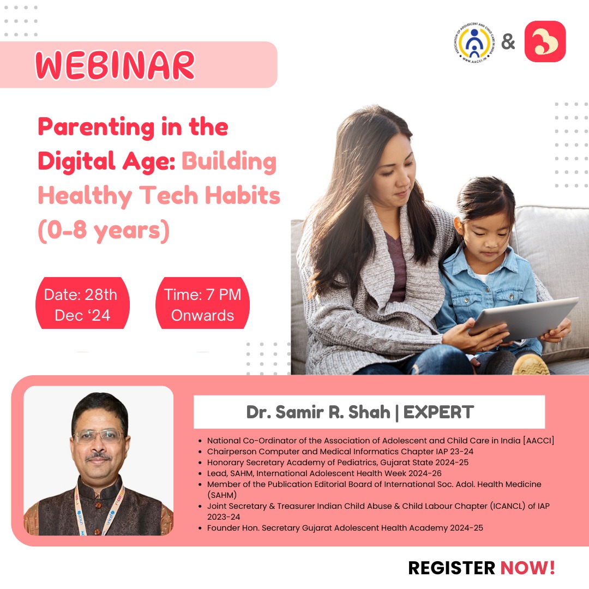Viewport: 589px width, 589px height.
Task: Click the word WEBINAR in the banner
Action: coord(115,66)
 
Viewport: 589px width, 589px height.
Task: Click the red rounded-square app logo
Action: coord(545,41)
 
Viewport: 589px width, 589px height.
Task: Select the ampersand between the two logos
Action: coord(508,42)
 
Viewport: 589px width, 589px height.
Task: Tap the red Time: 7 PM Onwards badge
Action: coord(202,305)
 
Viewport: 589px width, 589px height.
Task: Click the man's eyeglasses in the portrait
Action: coord(99,436)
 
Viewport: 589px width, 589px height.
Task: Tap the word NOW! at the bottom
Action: coord(528,568)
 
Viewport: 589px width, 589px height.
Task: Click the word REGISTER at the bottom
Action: coord(452,568)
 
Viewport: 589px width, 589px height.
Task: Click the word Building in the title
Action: coord(229,162)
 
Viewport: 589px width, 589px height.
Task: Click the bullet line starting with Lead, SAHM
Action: coord(324,473)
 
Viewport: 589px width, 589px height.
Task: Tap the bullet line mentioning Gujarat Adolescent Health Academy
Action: coord(345,527)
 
